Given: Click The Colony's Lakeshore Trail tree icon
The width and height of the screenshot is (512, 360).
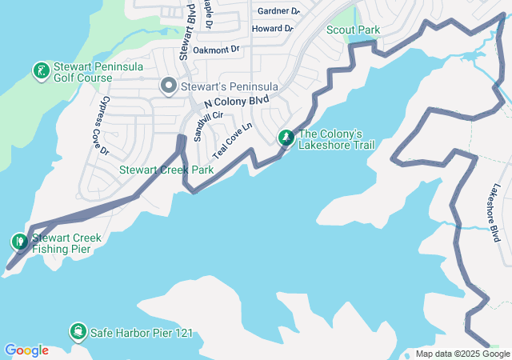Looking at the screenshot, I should click(x=286, y=138).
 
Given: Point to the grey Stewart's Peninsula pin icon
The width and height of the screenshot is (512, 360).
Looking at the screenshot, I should click(x=168, y=86).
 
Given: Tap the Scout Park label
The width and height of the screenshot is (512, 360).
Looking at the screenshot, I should click(x=353, y=30).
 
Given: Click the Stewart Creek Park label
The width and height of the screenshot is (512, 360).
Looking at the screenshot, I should click(x=166, y=170).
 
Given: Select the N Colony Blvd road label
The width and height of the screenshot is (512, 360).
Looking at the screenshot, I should click(x=238, y=103).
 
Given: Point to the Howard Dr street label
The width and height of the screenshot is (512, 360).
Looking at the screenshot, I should click(x=272, y=29).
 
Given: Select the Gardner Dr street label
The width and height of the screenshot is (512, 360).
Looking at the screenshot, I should click(x=278, y=11).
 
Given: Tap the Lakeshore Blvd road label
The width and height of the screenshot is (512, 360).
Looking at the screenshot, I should click(x=495, y=213).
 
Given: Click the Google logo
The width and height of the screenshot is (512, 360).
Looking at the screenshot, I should click(x=26, y=350).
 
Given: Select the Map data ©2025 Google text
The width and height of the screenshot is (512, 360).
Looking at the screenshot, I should click(x=462, y=354).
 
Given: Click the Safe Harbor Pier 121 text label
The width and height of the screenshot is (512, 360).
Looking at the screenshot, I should click(x=142, y=332).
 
